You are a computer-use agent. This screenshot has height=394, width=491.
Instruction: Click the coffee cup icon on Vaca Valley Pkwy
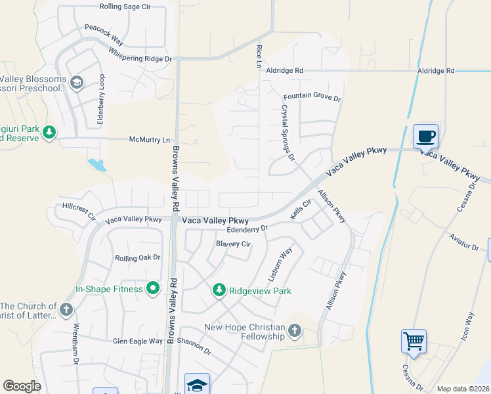[425, 136]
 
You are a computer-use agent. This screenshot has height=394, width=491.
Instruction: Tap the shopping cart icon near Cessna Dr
[414, 341]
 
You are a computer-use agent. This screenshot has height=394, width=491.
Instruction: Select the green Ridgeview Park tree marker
[219, 290]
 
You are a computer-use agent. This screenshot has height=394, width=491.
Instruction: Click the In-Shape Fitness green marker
[152, 288]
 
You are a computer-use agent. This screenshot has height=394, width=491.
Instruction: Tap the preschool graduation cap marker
[77, 83]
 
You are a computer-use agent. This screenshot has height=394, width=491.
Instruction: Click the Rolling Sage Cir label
[125, 7]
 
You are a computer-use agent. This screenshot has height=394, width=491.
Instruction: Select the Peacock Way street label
[104, 31]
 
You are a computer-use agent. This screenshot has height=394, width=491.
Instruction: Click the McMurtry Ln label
[150, 140]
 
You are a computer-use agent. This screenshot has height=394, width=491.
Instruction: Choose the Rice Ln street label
[258, 56]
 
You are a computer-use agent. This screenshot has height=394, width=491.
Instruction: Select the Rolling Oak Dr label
[138, 258]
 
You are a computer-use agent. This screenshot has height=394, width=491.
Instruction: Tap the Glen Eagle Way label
[137, 341]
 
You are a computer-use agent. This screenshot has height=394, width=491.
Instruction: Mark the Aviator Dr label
[464, 242]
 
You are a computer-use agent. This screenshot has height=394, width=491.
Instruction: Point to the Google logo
[22, 386]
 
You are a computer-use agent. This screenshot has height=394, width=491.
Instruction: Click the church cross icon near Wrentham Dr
[66, 310]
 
